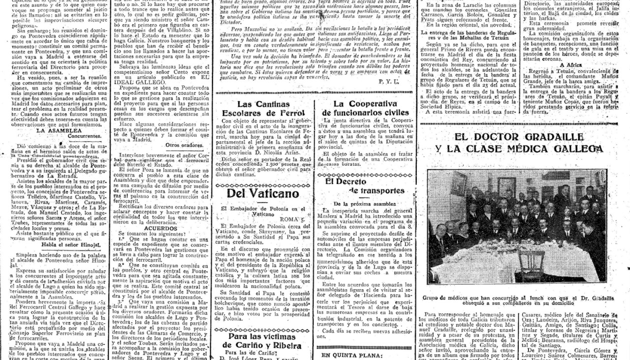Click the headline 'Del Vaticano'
click(262, 193)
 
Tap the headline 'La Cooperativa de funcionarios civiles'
click(365, 109)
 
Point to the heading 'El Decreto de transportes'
click(364, 185)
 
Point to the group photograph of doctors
click(516, 226)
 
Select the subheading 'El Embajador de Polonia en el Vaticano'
click(264, 211)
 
